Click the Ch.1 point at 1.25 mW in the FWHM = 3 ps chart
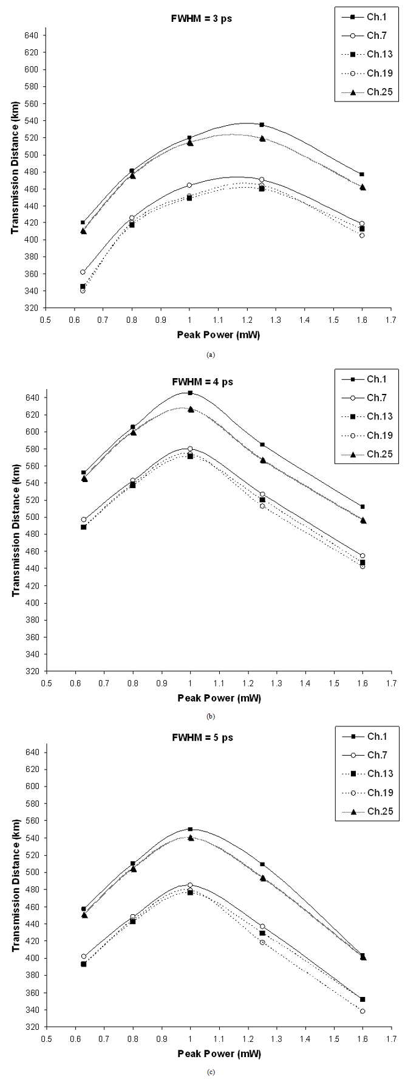(x=262, y=125)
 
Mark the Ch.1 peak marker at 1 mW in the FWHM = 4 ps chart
(x=190, y=393)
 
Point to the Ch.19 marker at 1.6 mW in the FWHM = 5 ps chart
(x=362, y=1011)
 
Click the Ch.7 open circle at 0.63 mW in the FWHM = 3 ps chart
(x=83, y=272)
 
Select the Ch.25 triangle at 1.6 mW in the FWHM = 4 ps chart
(x=363, y=520)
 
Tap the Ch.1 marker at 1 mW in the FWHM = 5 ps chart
(x=190, y=829)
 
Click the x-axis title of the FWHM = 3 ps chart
(x=219, y=335)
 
